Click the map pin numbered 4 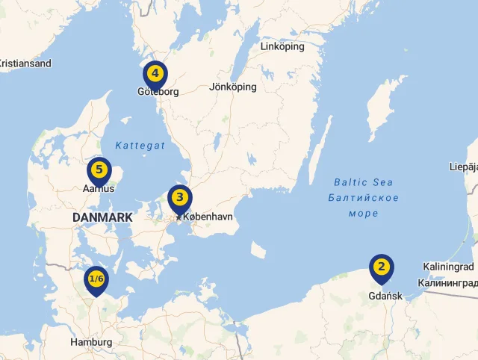155,74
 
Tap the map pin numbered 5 99,170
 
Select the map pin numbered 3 179,199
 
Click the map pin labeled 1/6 96,279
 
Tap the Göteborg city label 158,93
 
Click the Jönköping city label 233,87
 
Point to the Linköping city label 282,46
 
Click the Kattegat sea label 140,146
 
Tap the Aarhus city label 99,189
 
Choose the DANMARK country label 102,217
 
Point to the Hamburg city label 91,342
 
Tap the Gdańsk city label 385,296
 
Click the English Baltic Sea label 363,182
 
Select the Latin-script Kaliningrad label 448,267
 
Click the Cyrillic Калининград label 447,282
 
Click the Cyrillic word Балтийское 363,198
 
